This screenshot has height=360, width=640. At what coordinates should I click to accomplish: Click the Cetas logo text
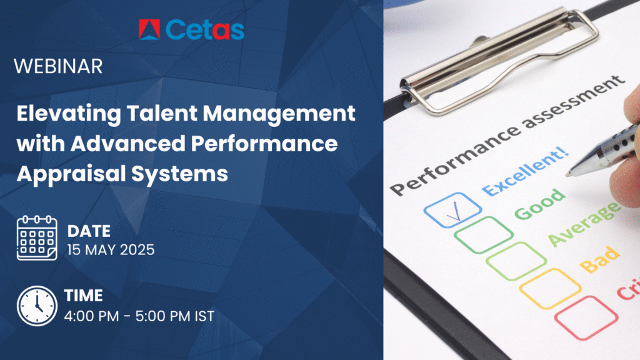point(205,29)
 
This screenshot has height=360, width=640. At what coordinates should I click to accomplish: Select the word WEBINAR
point(57,67)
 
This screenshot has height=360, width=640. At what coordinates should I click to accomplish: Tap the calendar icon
point(36,238)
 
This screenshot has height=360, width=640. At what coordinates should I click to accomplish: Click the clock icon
point(36,306)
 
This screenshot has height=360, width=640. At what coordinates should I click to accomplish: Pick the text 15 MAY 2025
point(109,249)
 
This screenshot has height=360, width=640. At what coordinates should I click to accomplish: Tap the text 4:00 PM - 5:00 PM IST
point(139,316)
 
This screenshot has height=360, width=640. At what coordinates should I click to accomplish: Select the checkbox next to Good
point(479,236)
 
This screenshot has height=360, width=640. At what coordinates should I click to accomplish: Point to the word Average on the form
point(584,222)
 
